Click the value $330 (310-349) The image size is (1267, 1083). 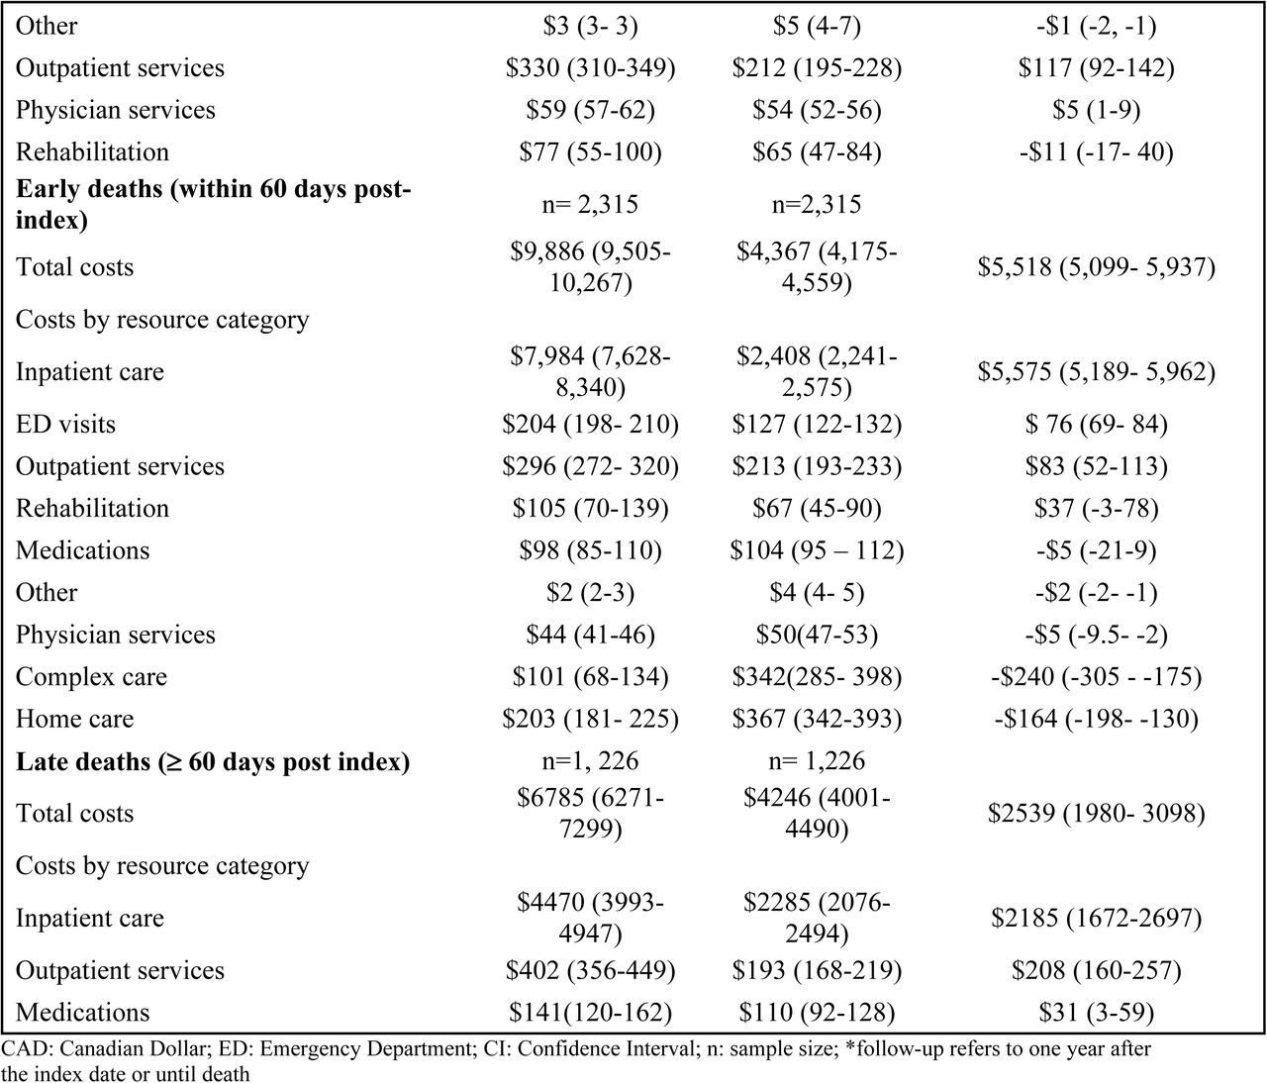point(590,68)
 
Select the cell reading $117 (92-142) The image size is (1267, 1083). point(1097,68)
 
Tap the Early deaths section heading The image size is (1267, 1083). point(213,204)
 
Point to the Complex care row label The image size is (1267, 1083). point(91,677)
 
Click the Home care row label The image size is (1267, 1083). point(75,719)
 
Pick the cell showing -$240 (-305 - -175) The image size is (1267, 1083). point(1097,677)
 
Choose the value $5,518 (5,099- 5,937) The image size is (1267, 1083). point(1097,267)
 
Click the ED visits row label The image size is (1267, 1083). point(65,424)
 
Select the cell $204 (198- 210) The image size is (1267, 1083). point(590,424)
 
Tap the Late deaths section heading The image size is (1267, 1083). point(213,761)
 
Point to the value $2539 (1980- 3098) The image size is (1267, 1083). point(1097,814)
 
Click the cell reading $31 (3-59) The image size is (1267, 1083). point(1097,1012)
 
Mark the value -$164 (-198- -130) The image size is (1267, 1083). point(1097,719)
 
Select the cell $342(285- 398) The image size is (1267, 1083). point(817,677)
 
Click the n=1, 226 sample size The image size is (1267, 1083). point(590,761)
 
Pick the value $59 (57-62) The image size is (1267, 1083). point(590,110)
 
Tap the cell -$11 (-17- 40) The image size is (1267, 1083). point(1097,152)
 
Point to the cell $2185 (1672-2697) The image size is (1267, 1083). point(1097,918)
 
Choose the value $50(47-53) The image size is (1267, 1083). point(817,635)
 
